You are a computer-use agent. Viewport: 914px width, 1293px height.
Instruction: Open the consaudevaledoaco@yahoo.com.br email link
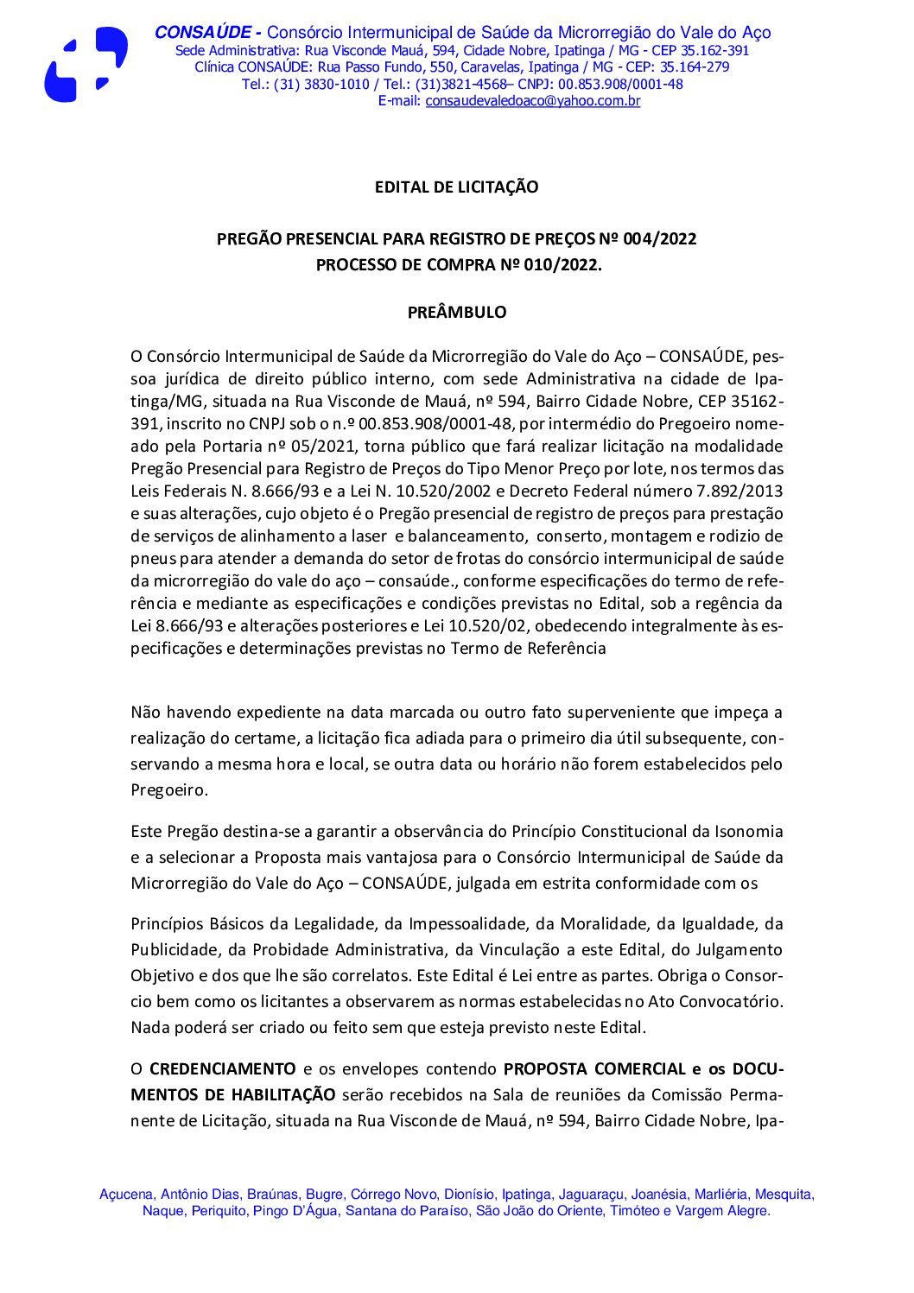(532, 101)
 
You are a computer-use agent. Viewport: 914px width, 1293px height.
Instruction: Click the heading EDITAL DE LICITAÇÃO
(456, 187)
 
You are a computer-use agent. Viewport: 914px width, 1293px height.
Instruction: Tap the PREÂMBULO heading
(457, 313)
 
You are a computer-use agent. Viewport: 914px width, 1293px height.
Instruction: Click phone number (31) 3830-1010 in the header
(321, 85)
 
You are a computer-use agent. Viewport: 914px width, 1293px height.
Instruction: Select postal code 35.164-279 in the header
(695, 67)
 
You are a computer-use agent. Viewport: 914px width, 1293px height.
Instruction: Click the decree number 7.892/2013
(739, 491)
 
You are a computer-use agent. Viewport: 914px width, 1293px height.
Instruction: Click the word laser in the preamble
(369, 536)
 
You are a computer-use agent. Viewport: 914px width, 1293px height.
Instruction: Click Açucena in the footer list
(125, 1195)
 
